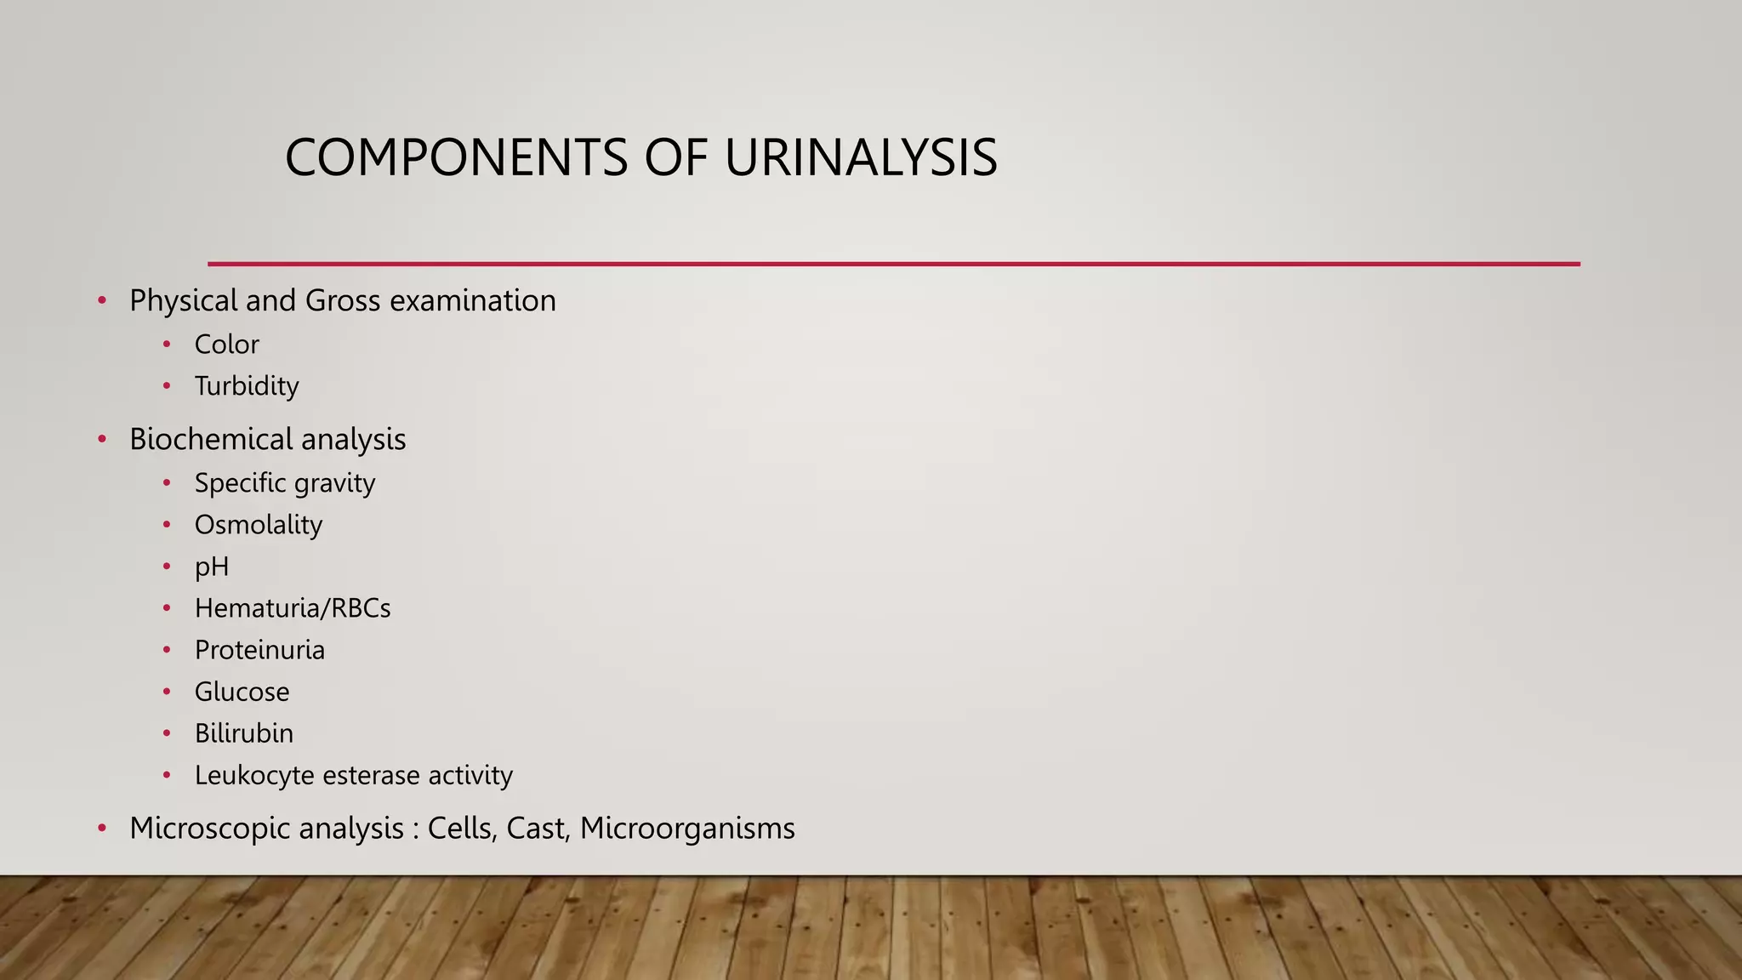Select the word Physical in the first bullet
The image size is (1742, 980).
(183, 301)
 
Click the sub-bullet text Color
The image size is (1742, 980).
(226, 345)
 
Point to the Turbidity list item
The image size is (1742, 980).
(247, 386)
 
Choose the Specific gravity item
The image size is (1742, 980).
(284, 483)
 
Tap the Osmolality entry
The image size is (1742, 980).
(258, 525)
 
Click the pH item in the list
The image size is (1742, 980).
(211, 567)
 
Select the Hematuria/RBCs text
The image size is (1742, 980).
(292, 608)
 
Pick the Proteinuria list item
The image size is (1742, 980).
(259, 650)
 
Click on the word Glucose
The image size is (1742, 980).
(242, 692)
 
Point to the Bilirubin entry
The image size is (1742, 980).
(243, 733)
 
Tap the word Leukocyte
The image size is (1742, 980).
(254, 775)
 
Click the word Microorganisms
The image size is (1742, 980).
(687, 828)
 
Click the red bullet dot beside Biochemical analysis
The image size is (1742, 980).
(102, 440)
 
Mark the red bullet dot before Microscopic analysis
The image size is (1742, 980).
(102, 829)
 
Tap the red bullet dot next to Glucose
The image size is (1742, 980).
(167, 692)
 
